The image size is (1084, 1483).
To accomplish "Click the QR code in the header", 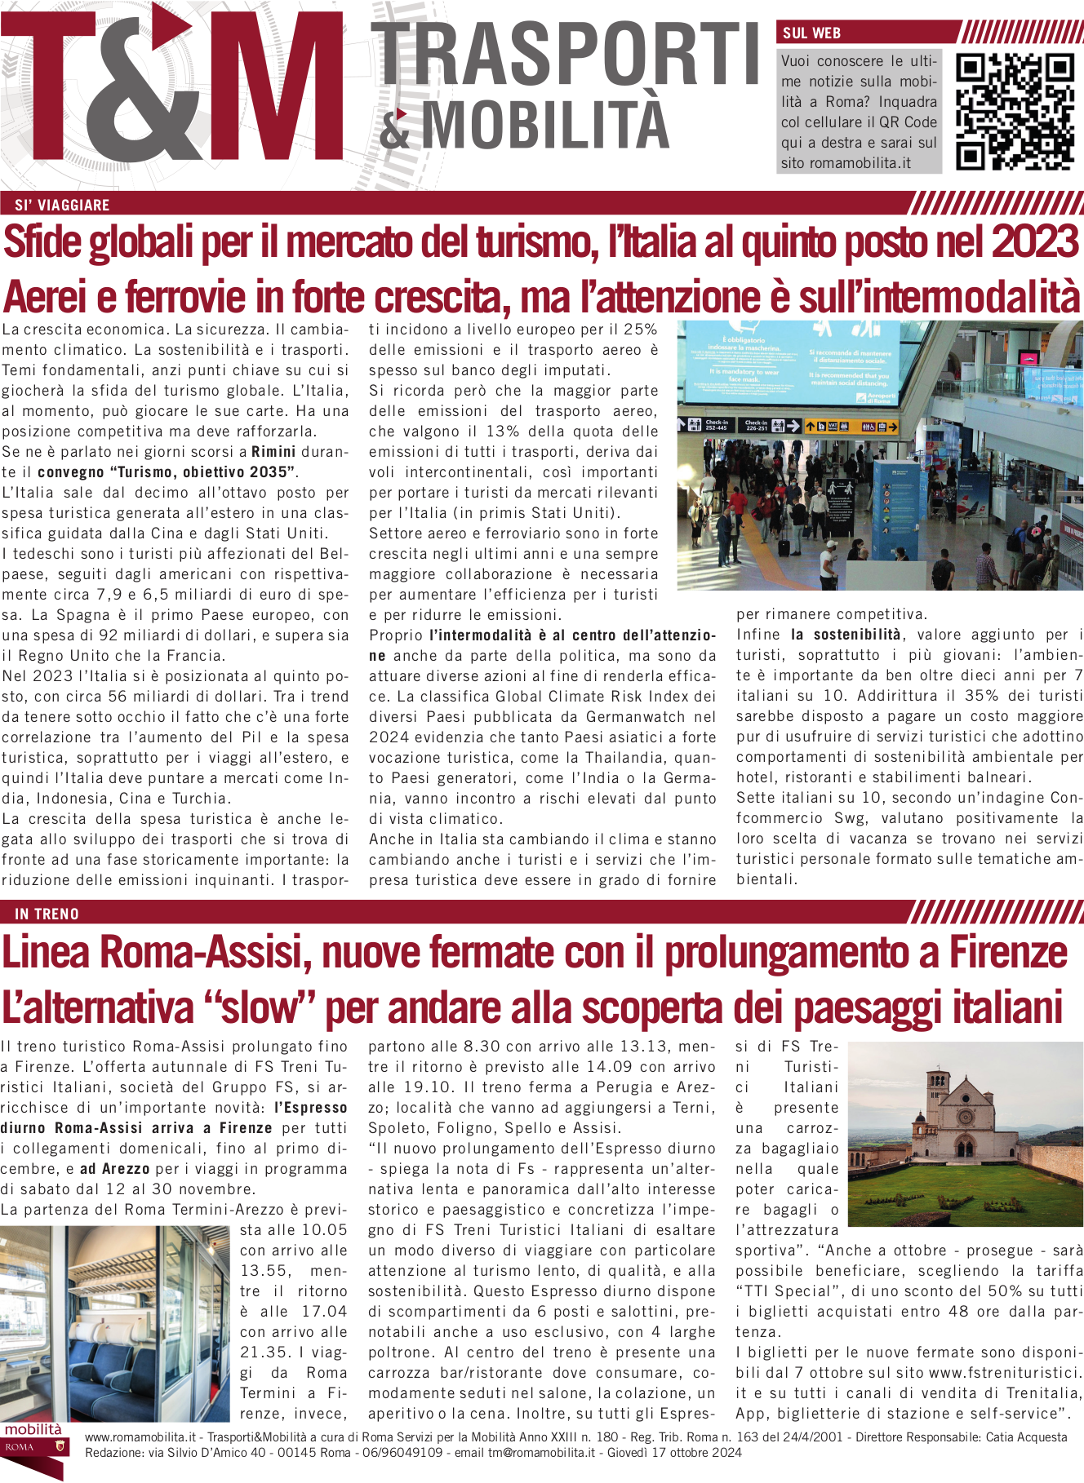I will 1015,112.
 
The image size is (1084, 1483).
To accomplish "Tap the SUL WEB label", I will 811,33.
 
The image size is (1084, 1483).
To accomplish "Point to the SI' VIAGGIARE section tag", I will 62,205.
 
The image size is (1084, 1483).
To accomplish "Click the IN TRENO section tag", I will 47,914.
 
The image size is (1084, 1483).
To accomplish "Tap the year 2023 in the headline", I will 1035,242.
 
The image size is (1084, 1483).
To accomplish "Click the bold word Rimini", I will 273,452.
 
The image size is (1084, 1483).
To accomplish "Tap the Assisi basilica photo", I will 966,1134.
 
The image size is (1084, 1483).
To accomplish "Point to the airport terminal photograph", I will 880,455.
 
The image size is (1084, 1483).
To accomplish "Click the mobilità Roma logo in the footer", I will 33,1449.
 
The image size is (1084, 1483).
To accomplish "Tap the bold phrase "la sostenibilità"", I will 846,635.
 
